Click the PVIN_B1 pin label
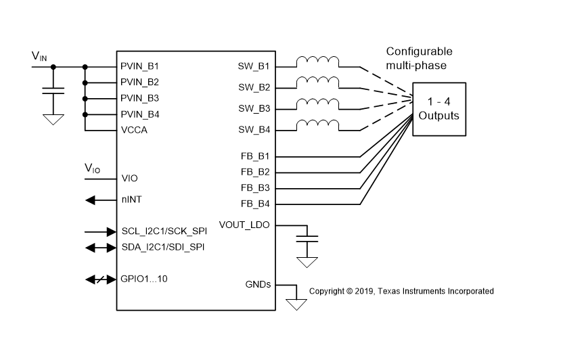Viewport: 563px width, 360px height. coord(140,67)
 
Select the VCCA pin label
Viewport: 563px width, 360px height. coord(134,130)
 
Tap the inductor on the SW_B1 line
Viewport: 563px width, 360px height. coord(317,62)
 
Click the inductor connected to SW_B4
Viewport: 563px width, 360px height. coord(317,125)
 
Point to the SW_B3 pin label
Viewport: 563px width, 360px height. coord(254,109)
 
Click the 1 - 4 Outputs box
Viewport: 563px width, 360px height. coord(438,108)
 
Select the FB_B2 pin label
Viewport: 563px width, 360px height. coord(255,172)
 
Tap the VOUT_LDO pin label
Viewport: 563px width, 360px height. coord(244,225)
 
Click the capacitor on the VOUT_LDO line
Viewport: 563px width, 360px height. coord(309,240)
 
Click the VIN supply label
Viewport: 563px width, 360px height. coord(39,57)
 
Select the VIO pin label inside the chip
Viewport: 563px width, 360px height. coord(129,179)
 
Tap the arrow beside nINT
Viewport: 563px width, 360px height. coord(98,200)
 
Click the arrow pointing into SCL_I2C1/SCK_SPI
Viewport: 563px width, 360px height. coord(98,231)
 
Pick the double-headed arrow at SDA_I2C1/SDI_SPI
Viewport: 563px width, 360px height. coord(98,248)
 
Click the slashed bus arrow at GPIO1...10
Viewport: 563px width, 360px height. coord(98,279)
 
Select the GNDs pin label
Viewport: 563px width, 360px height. coord(257,284)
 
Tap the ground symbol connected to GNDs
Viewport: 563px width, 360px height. coord(296,303)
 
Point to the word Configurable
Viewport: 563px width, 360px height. coord(419,51)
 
